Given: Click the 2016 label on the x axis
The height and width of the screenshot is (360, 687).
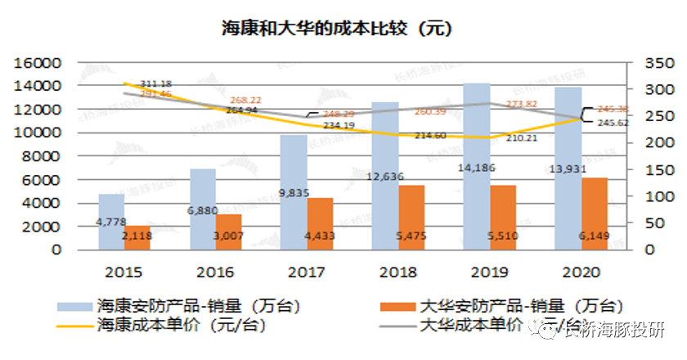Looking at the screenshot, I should (x=216, y=272).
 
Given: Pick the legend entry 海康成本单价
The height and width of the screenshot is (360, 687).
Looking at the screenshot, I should (x=181, y=324).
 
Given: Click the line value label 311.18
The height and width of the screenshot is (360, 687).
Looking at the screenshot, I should (x=155, y=83).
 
